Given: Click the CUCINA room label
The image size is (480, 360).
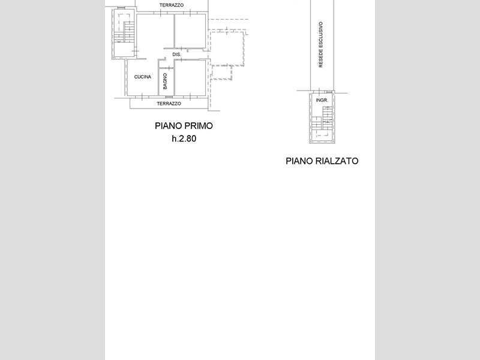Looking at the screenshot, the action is (x=143, y=77).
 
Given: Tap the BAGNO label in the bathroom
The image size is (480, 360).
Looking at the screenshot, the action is (x=166, y=81).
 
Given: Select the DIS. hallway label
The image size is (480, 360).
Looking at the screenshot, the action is (x=176, y=55).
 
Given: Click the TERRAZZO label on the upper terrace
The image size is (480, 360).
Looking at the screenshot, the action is (x=172, y=5).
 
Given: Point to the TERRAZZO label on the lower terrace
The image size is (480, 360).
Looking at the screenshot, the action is (x=169, y=103).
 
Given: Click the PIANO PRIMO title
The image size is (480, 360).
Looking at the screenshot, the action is (x=184, y=126).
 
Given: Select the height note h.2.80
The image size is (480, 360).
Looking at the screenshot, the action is (x=184, y=139).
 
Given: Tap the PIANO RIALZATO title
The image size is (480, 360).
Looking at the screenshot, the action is (x=322, y=161).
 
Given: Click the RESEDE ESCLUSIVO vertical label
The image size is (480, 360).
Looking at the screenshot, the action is (x=320, y=44).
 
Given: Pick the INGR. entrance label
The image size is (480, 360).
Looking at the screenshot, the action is (x=322, y=100).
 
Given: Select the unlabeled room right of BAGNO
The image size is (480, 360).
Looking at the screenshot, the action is (x=190, y=77).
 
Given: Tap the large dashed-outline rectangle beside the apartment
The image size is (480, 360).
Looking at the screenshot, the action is (x=227, y=48).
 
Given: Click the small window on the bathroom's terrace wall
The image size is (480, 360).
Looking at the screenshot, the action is (x=169, y=97).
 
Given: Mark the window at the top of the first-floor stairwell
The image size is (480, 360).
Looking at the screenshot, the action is (x=122, y=8).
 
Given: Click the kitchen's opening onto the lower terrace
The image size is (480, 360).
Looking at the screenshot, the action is (x=142, y=97).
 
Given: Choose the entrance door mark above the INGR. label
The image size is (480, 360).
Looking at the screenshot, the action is (x=319, y=91).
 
